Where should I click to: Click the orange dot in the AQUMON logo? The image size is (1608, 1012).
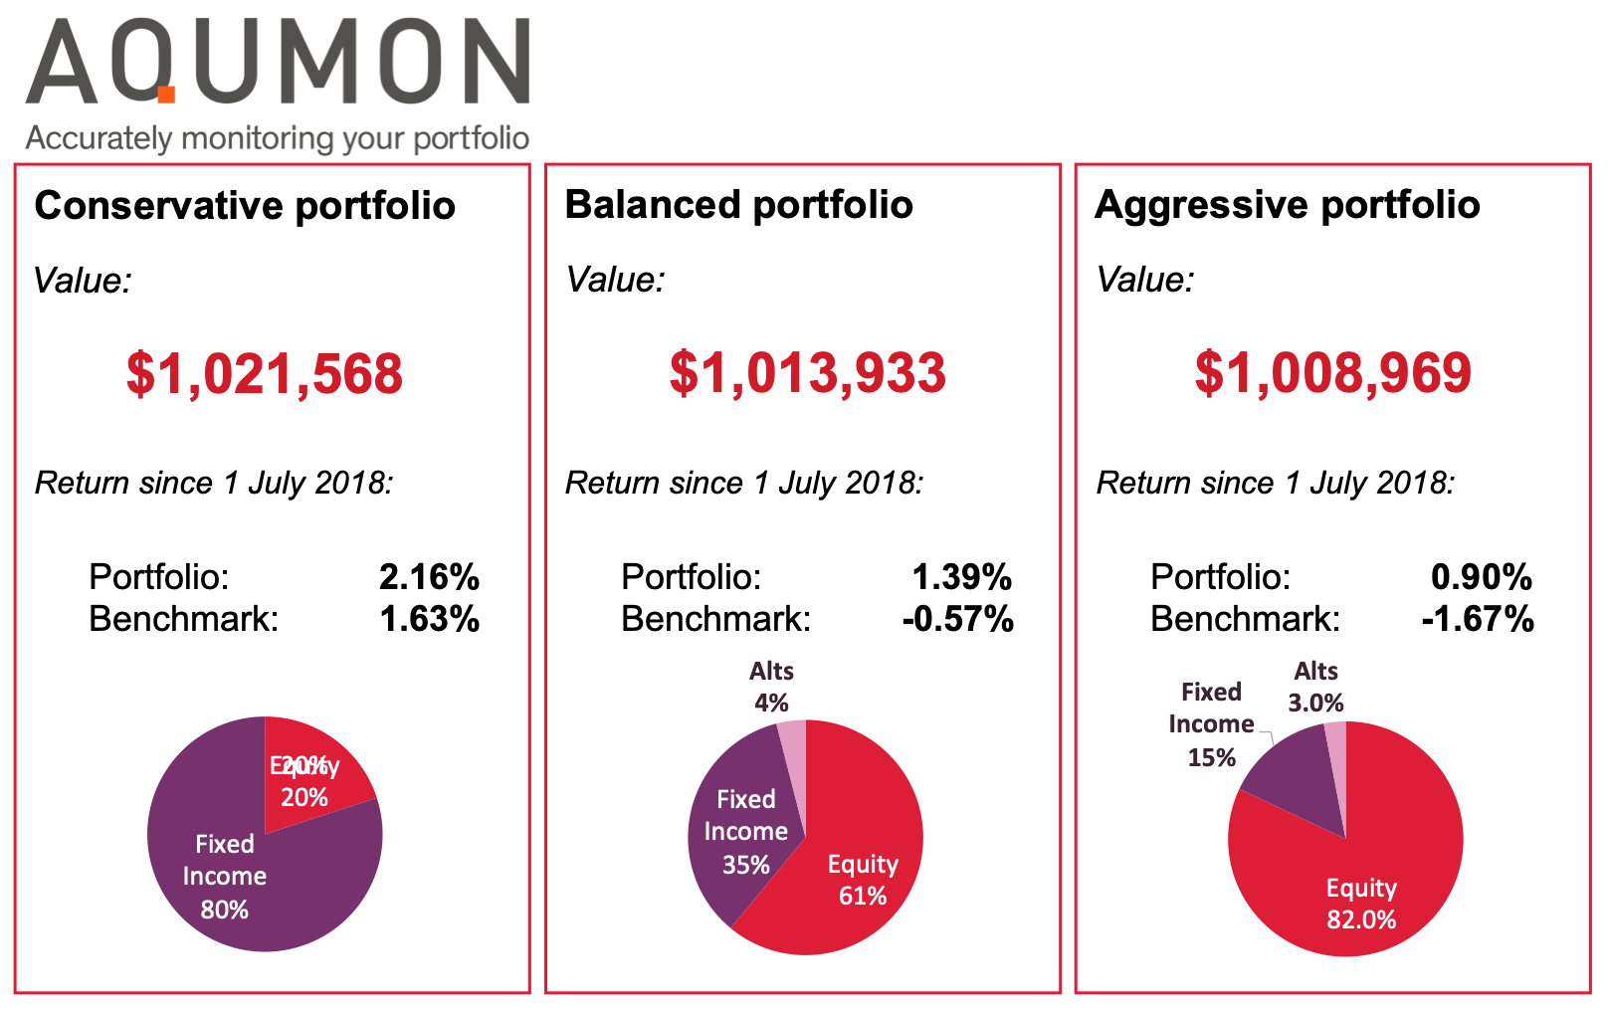pyautogui.click(x=166, y=95)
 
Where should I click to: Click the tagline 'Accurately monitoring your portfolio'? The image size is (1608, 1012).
pyautogui.click(x=277, y=137)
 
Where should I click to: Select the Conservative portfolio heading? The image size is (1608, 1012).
pyautogui.click(x=245, y=206)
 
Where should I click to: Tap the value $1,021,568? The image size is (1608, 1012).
pyautogui.click(x=265, y=374)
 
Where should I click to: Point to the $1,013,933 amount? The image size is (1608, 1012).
pyautogui.click(x=807, y=373)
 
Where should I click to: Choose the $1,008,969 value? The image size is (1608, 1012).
pyautogui.click(x=1332, y=373)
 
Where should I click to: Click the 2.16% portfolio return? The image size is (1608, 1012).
pyautogui.click(x=429, y=577)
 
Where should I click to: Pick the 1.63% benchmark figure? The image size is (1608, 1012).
pyautogui.click(x=429, y=619)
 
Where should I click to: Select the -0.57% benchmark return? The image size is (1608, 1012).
pyautogui.click(x=957, y=619)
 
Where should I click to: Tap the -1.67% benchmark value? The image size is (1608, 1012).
pyautogui.click(x=1478, y=619)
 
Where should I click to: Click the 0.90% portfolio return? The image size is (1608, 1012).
pyautogui.click(x=1481, y=577)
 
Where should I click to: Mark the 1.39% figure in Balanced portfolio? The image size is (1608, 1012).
pyautogui.click(x=961, y=577)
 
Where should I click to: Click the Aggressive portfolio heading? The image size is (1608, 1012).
pyautogui.click(x=1287, y=205)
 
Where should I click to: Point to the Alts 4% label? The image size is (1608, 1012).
pyautogui.click(x=771, y=687)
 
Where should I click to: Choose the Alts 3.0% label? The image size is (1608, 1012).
pyautogui.click(x=1315, y=687)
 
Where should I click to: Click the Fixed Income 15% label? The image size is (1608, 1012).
pyautogui.click(x=1211, y=724)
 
